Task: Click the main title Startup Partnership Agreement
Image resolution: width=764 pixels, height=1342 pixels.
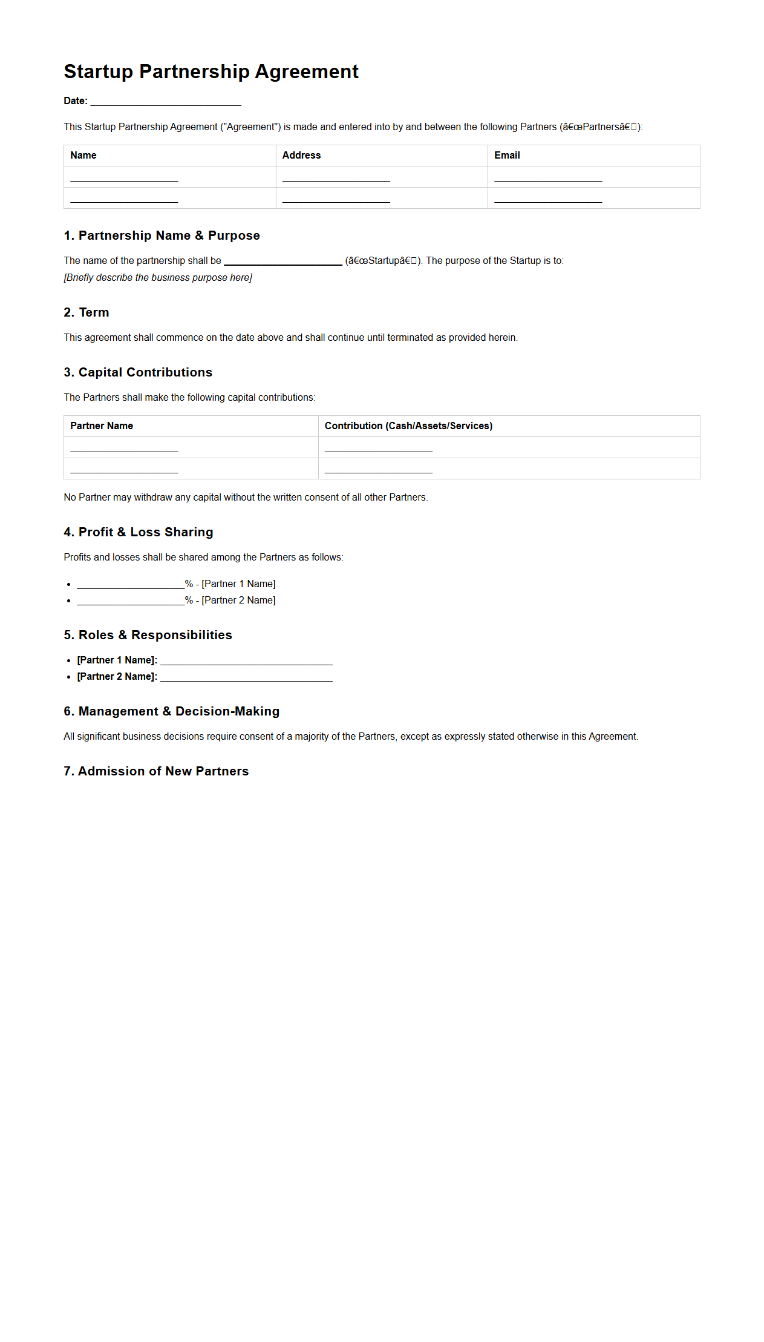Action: [211, 71]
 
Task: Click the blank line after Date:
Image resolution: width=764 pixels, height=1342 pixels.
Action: [166, 102]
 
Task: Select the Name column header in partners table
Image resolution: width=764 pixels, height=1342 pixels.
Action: [83, 156]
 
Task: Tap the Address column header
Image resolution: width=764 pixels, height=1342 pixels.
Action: [301, 156]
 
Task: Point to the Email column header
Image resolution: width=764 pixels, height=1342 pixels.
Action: [507, 156]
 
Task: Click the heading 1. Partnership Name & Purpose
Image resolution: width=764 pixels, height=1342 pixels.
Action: [162, 235]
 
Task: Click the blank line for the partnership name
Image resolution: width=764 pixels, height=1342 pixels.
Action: [283, 261]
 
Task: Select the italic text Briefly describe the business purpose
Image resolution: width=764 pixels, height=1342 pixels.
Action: [158, 278]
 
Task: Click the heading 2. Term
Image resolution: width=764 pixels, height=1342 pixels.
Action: [87, 312]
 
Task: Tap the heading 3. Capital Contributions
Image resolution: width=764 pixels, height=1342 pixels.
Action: [138, 372]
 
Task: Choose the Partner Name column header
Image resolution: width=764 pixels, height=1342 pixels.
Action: [102, 426]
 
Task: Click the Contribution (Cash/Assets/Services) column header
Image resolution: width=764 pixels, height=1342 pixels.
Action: [408, 426]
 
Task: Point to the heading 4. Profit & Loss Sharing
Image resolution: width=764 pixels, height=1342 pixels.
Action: [139, 532]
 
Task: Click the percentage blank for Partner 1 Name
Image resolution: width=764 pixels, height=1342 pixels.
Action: [131, 585]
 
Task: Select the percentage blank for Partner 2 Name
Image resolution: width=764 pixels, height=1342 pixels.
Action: [131, 601]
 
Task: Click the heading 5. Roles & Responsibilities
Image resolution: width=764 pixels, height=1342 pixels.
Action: [148, 635]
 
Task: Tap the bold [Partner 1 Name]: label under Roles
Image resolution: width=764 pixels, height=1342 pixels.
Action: [117, 660]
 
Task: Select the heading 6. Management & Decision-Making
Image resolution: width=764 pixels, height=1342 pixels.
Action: [172, 711]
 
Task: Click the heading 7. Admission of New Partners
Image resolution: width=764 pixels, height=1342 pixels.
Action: [156, 771]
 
